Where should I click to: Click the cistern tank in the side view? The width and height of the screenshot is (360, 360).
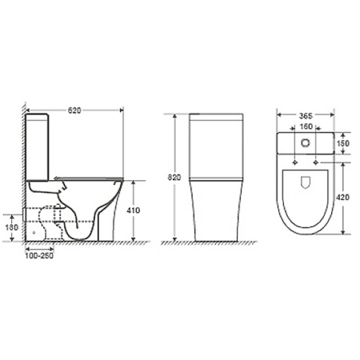click(x=39, y=144)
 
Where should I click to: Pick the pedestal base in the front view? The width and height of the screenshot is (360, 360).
click(x=214, y=212)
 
